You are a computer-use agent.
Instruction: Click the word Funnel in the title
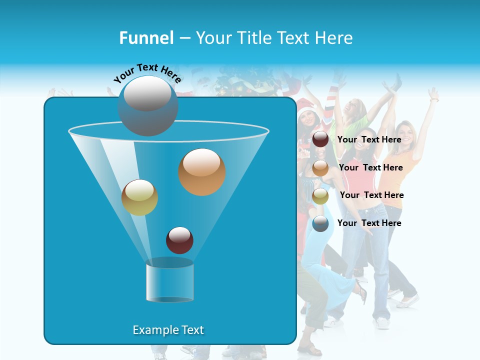[x=146, y=38]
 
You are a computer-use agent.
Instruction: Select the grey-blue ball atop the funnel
[x=148, y=105]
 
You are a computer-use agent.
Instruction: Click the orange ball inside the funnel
[x=202, y=172]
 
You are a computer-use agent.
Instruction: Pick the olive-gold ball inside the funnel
[x=139, y=197]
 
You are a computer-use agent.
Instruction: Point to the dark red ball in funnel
[x=179, y=240]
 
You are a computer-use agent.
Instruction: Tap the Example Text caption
[x=168, y=330]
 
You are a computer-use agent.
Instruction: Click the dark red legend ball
[x=320, y=139]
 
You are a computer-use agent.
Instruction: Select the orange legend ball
[x=320, y=168]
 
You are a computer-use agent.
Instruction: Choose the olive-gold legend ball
[x=320, y=196]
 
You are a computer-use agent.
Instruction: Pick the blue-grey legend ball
[x=320, y=223]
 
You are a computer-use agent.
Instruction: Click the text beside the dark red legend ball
[x=369, y=139]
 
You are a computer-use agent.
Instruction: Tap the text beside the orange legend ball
[x=370, y=167]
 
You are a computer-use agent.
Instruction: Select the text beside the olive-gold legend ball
[x=371, y=195]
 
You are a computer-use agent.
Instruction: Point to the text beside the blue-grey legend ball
[x=369, y=223]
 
